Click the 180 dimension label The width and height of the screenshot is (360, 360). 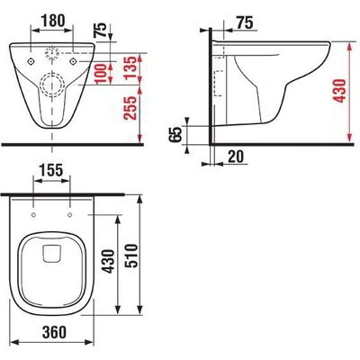52,21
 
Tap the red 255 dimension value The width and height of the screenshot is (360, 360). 130,108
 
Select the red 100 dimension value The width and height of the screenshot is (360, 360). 100,74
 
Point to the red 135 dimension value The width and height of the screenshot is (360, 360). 131,69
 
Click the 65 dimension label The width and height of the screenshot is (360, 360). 175,134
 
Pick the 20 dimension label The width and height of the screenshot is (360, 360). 236,157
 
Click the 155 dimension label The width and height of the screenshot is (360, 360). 51,170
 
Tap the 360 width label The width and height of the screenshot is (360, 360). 54,332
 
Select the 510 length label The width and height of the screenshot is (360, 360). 131,256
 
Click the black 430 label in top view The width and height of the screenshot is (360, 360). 108,261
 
